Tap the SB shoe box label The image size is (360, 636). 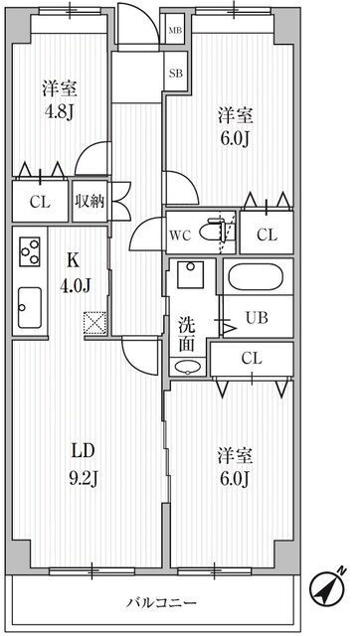[176, 74]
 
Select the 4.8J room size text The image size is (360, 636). [59, 113]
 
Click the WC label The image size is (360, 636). [180, 237]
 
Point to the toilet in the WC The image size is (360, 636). [215, 232]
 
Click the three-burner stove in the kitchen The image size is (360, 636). [30, 251]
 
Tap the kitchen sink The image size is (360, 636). [30, 308]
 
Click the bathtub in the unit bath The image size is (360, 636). [256, 277]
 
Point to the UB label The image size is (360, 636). [257, 318]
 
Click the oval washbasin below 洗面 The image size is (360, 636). [188, 367]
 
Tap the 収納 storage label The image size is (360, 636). [89, 202]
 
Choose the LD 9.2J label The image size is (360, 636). [84, 464]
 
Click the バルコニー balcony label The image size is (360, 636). [161, 602]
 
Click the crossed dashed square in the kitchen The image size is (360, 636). [94, 323]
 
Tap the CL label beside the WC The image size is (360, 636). [267, 236]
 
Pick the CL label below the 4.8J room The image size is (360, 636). [40, 202]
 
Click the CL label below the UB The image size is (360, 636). [252, 358]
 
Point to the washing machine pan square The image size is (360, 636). [191, 274]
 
